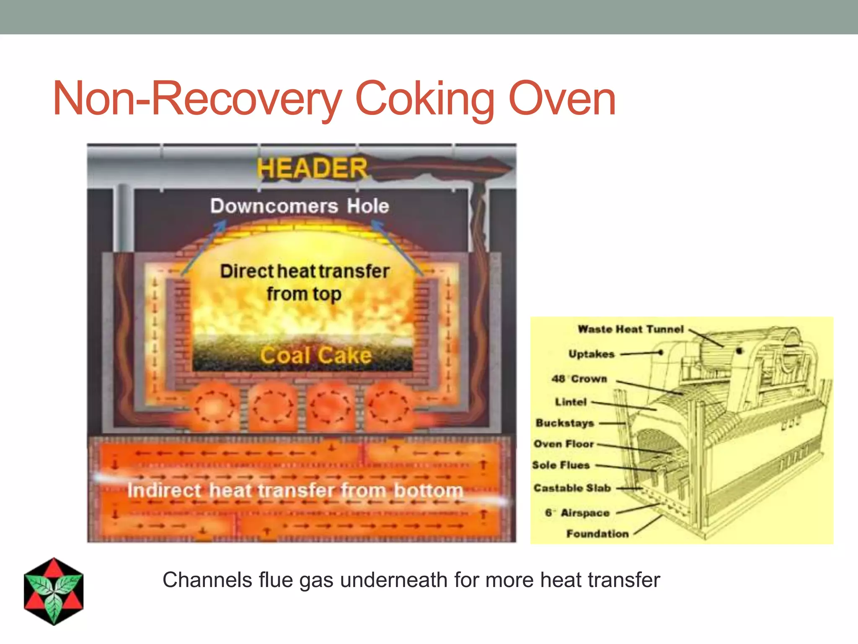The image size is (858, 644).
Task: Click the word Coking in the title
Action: tap(425, 100)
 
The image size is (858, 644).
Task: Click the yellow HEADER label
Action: tap(312, 168)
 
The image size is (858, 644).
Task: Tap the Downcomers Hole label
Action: tap(300, 206)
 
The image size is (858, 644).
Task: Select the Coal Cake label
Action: tap(316, 356)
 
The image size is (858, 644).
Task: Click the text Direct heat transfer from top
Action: tap(305, 282)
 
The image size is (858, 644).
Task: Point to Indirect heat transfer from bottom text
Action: tap(295, 490)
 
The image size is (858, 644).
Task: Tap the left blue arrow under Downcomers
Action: tap(204, 247)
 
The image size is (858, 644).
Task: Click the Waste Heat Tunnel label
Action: tap(631, 329)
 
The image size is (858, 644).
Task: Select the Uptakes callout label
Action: tap(591, 354)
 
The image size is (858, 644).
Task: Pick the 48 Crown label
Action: tap(579, 379)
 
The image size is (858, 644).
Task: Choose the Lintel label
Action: tap(571, 402)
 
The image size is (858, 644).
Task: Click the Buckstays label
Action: tap(565, 423)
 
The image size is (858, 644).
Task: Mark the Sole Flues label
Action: tap(561, 465)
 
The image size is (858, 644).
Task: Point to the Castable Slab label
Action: tap(572, 488)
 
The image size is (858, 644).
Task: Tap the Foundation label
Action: tap(597, 534)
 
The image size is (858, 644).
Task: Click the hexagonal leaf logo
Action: tap(54, 591)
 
